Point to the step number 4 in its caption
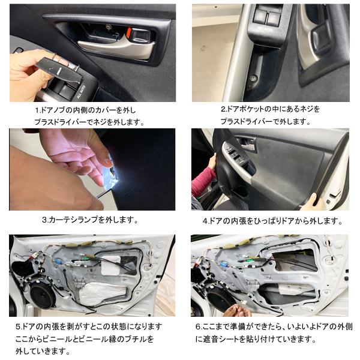tap(205, 220)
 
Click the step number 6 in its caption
tap(198, 327)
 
